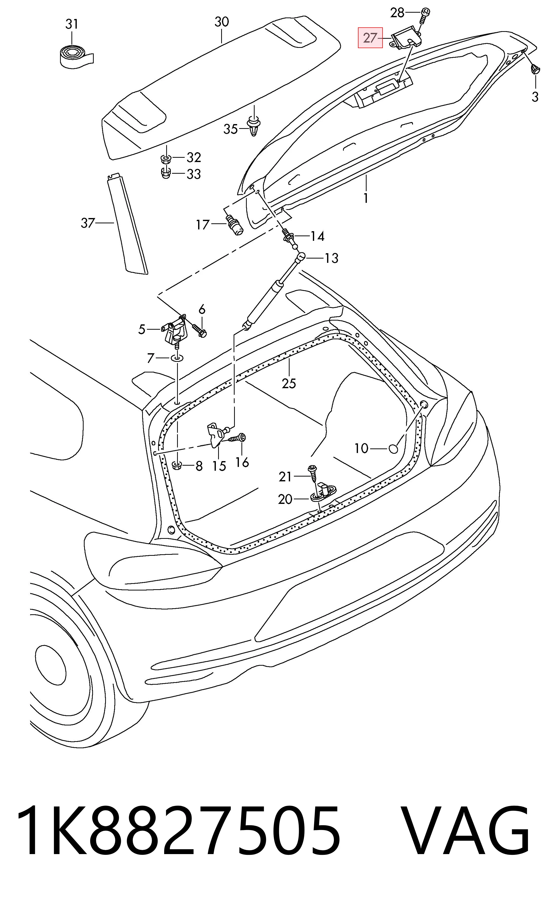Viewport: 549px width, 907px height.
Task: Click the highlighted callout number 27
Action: (x=370, y=37)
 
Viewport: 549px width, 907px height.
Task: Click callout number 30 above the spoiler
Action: (x=222, y=22)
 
